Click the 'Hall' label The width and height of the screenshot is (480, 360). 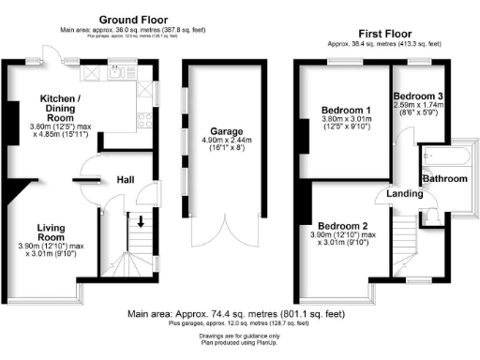(127, 179)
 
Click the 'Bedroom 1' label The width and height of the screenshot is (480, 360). (344, 109)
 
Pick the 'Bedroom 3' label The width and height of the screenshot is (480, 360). (419, 97)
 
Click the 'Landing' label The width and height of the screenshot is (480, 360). (393, 195)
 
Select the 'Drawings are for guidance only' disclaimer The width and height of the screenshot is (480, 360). (240, 336)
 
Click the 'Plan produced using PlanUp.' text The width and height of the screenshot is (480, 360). (240, 343)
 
